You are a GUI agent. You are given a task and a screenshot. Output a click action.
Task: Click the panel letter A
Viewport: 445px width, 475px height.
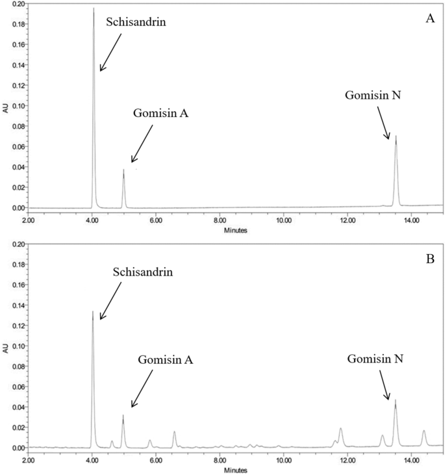(x=429, y=19)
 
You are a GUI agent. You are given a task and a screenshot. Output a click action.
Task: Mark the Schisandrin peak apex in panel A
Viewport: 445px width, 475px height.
(x=94, y=8)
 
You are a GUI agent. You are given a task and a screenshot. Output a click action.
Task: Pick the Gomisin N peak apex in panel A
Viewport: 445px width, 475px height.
(x=396, y=136)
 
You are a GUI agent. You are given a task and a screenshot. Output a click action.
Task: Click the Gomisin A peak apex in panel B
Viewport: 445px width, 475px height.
(x=123, y=415)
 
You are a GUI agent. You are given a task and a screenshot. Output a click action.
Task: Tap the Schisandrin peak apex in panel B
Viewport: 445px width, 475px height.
(x=93, y=311)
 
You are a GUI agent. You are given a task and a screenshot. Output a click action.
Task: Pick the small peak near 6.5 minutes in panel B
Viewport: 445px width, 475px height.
(x=174, y=431)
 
